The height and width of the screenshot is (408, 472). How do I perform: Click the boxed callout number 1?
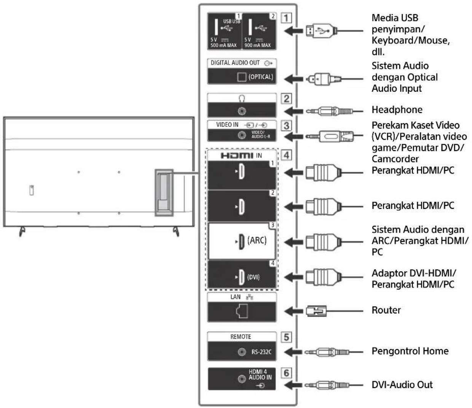point(286,17)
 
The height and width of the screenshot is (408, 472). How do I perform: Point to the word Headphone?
point(397,110)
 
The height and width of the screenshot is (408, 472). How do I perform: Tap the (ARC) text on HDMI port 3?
point(257,240)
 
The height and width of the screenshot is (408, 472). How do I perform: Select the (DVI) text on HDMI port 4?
point(253,277)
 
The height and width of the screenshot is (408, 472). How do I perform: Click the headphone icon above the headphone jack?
point(242,98)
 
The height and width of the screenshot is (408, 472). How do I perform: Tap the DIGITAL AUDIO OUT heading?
point(235,63)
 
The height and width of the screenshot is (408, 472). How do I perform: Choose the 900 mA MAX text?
point(257,45)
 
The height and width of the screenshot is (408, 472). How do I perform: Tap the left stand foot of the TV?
point(22,232)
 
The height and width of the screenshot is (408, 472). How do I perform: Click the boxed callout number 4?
point(286,155)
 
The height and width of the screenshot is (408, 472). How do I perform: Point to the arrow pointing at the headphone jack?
point(293,111)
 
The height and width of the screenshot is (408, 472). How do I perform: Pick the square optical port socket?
point(241,77)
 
